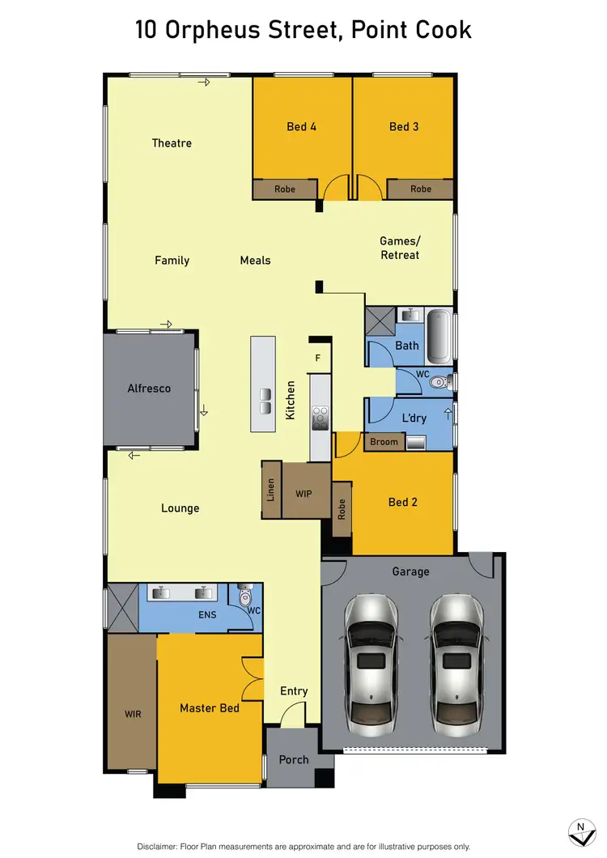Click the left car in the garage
(x=372, y=660)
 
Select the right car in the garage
(x=456, y=660)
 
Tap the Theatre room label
(x=172, y=143)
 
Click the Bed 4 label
(x=301, y=126)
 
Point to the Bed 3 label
(x=404, y=126)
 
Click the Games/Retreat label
(x=401, y=248)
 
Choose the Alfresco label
(x=149, y=389)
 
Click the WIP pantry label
(x=303, y=493)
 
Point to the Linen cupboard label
(x=271, y=491)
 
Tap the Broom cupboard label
(x=384, y=442)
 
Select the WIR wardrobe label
(x=132, y=715)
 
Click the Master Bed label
(x=209, y=708)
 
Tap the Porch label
(x=294, y=759)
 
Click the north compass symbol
(x=579, y=831)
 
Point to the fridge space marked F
(x=317, y=357)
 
